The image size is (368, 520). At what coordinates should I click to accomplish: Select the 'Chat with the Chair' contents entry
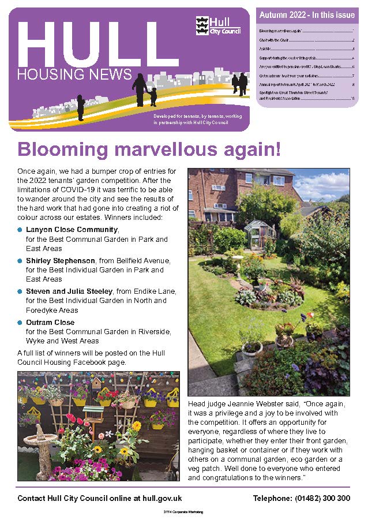pyautogui.click(x=279, y=40)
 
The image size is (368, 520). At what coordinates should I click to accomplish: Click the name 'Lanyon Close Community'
pyautogui.click(x=72, y=229)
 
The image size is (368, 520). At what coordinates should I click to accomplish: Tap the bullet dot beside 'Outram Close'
pyautogui.click(x=20, y=323)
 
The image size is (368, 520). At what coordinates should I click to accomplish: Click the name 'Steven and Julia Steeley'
pyautogui.click(x=69, y=291)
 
